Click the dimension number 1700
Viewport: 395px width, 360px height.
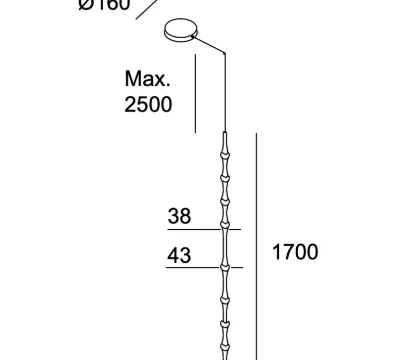pyautogui.click(x=295, y=252)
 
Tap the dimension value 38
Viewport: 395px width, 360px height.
pyautogui.click(x=179, y=217)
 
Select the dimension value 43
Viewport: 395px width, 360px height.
pyautogui.click(x=179, y=255)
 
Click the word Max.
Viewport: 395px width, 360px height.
pyautogui.click(x=148, y=80)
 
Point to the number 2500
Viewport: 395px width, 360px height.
pyautogui.click(x=148, y=105)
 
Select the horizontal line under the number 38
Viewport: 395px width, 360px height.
pyautogui.click(x=204, y=229)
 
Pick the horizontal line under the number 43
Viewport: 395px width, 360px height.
pyautogui.click(x=204, y=267)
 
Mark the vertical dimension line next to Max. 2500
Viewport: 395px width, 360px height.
pyautogui.click(x=195, y=93)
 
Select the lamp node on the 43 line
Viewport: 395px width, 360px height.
pyautogui.click(x=226, y=267)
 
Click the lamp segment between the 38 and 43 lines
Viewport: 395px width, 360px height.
pyautogui.click(x=226, y=247)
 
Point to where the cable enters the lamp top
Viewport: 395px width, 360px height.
pyautogui.click(x=226, y=133)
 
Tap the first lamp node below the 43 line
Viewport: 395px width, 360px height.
pyautogui.click(x=226, y=301)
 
